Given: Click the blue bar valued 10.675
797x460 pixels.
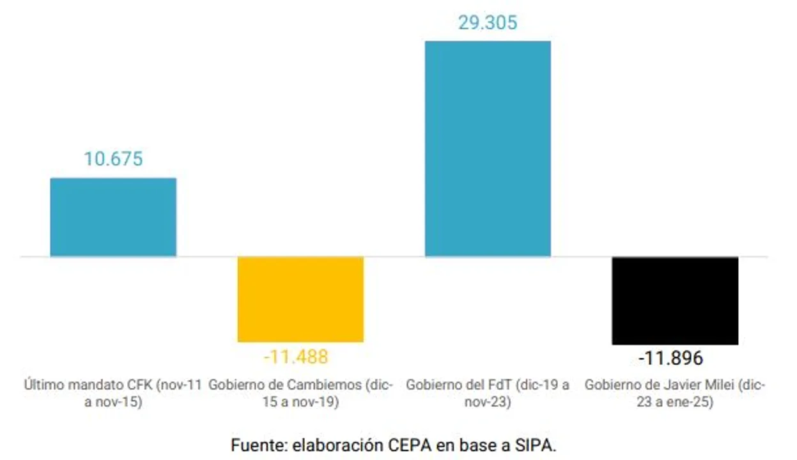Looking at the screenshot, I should (x=113, y=217).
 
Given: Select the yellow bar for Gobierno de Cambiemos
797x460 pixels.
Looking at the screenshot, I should (x=300, y=299).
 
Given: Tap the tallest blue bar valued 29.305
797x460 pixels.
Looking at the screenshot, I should (x=488, y=149).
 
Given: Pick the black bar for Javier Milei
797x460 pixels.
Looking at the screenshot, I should (x=675, y=300).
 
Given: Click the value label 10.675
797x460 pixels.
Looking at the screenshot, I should (x=113, y=159).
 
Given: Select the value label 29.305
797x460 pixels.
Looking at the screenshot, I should (x=488, y=22).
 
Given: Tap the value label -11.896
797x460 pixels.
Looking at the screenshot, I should (x=670, y=358).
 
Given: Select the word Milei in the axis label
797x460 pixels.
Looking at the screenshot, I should (x=723, y=385).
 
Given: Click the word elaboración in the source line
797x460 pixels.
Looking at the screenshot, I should (x=332, y=445).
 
